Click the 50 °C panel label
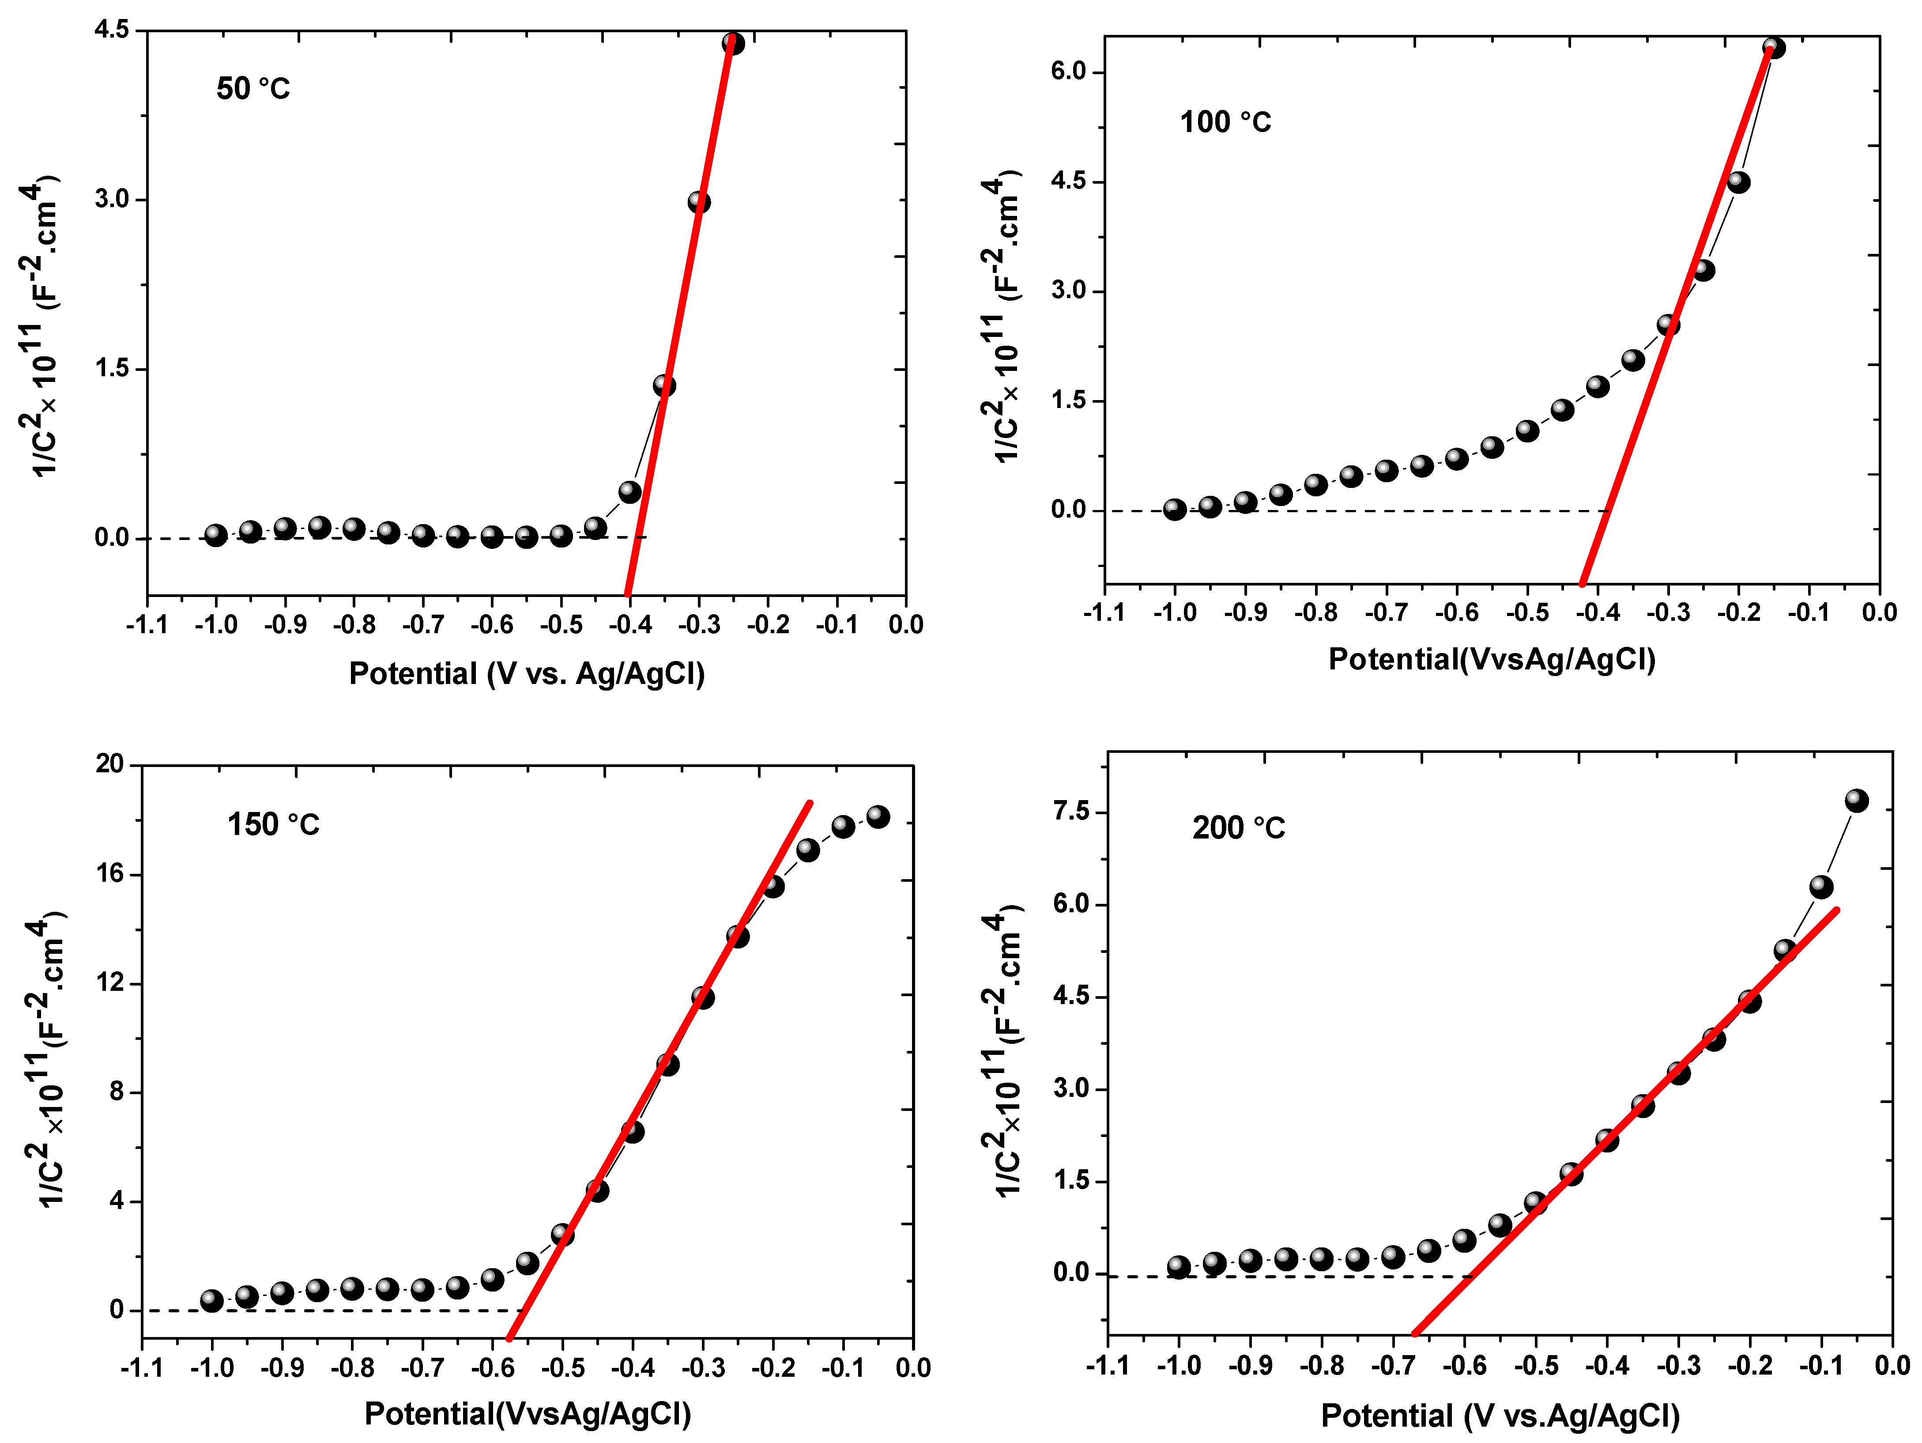coord(253,89)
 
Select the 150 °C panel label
coord(273,824)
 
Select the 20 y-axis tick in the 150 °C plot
coord(110,764)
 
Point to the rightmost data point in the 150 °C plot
coord(878,816)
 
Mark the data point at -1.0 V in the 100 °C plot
coord(1174,510)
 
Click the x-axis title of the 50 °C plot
coord(527,674)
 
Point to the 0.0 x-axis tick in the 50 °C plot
coord(905,624)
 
